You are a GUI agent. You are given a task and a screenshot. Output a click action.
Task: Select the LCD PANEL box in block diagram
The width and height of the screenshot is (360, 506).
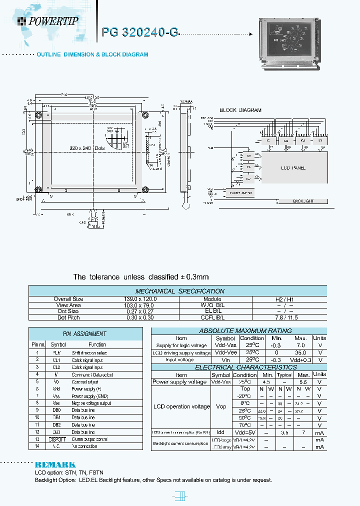tap(292, 168)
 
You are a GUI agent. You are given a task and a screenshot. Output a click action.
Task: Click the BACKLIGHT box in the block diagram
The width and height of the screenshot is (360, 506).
tap(303, 201)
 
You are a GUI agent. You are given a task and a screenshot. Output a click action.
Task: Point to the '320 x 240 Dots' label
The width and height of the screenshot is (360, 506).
tap(87, 147)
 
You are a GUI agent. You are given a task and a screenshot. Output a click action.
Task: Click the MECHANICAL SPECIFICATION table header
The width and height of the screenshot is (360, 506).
tap(179, 291)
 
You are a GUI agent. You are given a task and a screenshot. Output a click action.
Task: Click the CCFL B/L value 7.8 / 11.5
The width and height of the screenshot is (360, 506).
tap(291, 317)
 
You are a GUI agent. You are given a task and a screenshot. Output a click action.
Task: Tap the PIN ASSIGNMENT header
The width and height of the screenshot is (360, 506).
tap(84, 333)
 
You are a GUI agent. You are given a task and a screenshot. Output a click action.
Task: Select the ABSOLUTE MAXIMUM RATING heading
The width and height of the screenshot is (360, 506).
tap(238, 330)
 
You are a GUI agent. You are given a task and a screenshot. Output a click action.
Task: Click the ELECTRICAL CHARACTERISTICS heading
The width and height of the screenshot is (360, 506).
tap(238, 367)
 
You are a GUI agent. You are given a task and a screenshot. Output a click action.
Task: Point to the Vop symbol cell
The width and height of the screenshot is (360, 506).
tap(220, 406)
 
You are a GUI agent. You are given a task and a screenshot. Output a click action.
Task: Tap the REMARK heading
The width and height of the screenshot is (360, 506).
tap(54, 464)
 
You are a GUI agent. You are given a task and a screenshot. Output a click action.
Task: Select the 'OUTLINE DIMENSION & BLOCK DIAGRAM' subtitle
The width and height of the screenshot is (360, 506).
tap(92, 54)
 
